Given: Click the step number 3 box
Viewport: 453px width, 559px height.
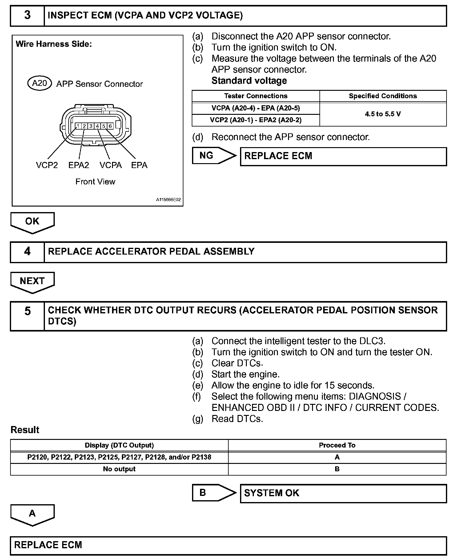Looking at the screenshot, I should [x=27, y=15].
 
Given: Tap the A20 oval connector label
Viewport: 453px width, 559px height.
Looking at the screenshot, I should [x=39, y=83].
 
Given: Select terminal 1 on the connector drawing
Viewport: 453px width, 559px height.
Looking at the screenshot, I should [x=78, y=126].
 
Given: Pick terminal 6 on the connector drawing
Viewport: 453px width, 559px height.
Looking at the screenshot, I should [x=110, y=126].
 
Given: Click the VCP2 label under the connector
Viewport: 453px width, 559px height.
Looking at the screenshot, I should [x=47, y=165].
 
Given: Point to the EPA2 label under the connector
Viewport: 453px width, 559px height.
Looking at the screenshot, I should [x=79, y=165].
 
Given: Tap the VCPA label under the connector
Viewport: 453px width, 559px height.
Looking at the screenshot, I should [x=110, y=165].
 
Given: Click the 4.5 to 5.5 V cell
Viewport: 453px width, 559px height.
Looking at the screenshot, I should [x=383, y=114].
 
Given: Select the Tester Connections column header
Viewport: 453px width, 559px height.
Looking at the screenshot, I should [x=256, y=96].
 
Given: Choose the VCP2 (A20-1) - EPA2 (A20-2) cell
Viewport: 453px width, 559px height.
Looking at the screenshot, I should [x=256, y=120].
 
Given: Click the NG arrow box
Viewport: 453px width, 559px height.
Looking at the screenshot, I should [x=212, y=156].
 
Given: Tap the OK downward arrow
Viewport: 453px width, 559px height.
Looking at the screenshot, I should [x=32, y=222].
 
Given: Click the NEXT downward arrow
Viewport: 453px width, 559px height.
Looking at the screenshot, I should [x=32, y=281].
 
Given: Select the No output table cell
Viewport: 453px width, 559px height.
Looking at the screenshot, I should [x=119, y=469].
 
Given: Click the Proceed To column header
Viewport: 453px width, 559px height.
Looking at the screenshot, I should [x=337, y=445].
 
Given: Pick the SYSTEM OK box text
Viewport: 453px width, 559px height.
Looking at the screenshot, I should [x=272, y=493].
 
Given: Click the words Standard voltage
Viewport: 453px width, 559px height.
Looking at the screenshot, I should [x=249, y=81].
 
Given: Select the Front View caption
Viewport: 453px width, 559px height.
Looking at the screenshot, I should [x=95, y=182].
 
